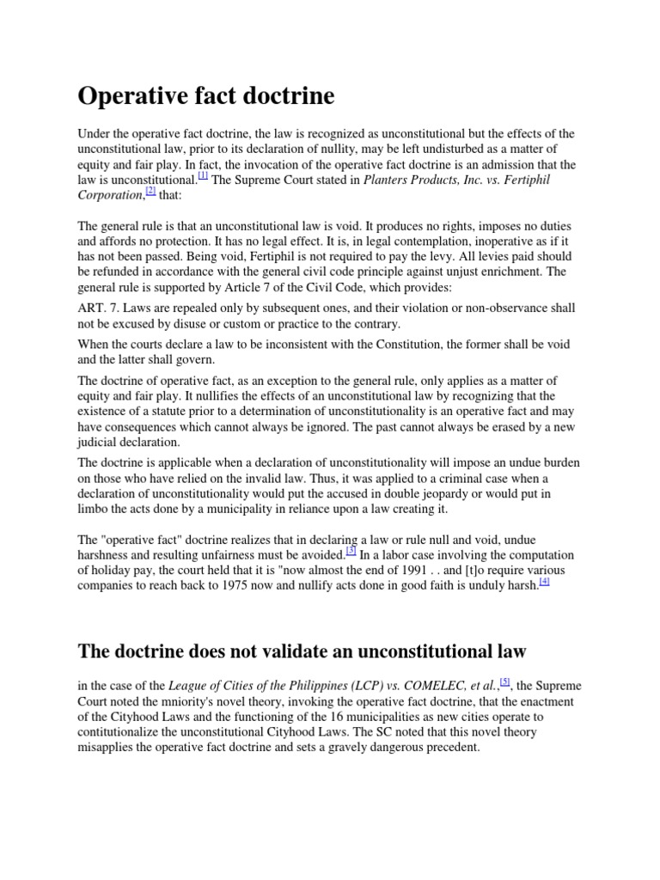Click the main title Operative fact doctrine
[x=206, y=96]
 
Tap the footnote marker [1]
[x=203, y=175]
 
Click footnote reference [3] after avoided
[x=351, y=550]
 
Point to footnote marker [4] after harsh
[x=544, y=581]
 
